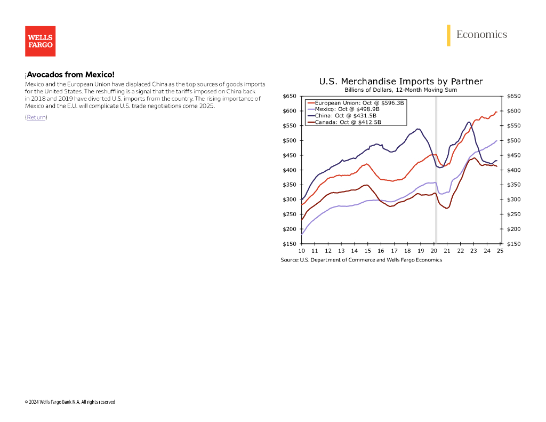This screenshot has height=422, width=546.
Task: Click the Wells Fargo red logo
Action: point(40,41)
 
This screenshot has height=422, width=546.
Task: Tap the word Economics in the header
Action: point(481,35)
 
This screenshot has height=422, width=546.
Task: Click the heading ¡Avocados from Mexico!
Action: point(69,75)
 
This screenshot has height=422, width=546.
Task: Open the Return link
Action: point(36,117)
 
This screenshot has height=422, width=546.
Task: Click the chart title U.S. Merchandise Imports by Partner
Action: point(400,82)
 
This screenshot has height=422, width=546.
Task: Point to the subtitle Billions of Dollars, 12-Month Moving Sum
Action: point(400,90)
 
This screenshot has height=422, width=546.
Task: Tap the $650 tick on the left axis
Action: point(289,96)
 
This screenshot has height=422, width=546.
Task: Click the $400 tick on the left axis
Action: point(289,170)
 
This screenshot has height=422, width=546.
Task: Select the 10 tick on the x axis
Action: point(302,251)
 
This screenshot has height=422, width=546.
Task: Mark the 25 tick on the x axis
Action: point(500,251)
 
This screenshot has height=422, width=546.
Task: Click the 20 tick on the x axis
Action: point(434,251)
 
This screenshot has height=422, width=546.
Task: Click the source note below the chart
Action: point(362,260)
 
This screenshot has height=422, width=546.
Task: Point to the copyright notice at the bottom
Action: point(70,402)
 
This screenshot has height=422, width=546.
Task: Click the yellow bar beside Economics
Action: point(449,35)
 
